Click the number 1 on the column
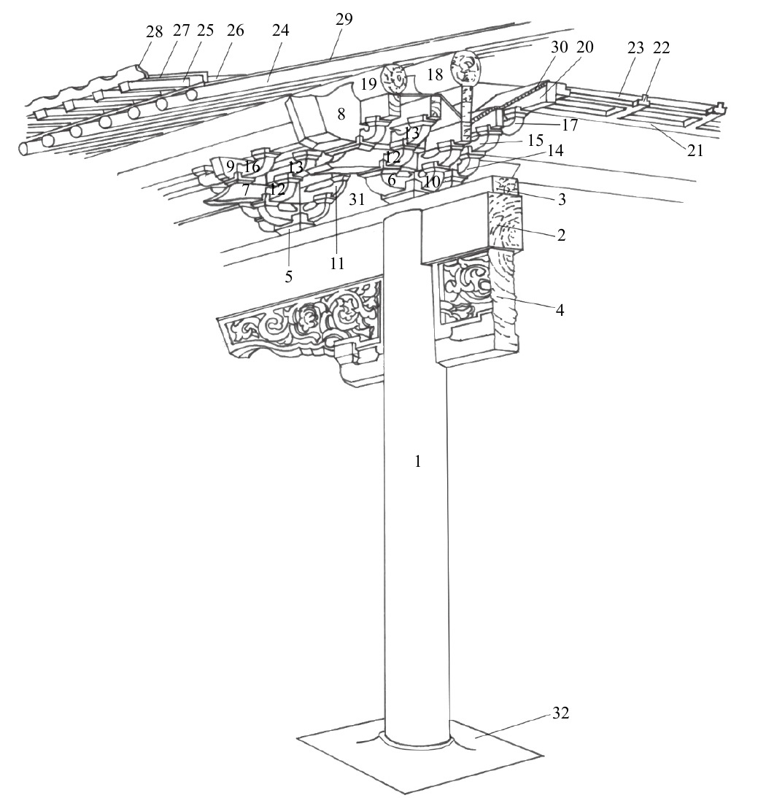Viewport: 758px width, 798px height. (x=418, y=462)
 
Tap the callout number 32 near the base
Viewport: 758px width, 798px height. (x=560, y=713)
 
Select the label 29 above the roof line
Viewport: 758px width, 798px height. (x=344, y=20)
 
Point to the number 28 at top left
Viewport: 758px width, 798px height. (x=154, y=31)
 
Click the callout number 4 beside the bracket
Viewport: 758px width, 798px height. (x=560, y=310)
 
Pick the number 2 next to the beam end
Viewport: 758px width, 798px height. (x=561, y=235)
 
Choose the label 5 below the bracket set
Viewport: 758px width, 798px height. (x=289, y=276)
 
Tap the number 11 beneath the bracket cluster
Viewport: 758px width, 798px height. (x=336, y=263)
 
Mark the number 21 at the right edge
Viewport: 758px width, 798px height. (x=695, y=151)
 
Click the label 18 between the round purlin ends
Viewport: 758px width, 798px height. (x=435, y=74)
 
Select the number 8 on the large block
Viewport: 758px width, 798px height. (x=341, y=114)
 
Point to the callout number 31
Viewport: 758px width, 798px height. (x=357, y=199)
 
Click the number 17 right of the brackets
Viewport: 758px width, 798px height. (x=571, y=125)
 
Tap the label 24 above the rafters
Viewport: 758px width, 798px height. (x=280, y=31)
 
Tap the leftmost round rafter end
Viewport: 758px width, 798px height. (x=24, y=149)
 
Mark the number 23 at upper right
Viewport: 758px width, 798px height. (x=635, y=48)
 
